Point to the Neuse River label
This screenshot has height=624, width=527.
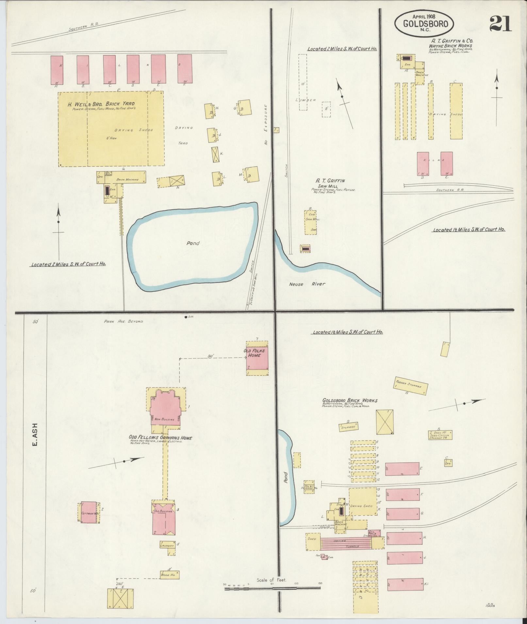click(307, 284)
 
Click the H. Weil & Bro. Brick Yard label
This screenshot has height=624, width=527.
click(101, 104)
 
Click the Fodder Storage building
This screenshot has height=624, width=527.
click(411, 386)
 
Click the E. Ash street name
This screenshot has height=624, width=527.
click(35, 435)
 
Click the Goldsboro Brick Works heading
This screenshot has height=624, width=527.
click(350, 401)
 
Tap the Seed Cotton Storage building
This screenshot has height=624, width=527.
click(440, 435)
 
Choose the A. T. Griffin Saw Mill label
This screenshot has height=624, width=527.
click(330, 183)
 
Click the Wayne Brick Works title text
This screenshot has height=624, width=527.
click(451, 46)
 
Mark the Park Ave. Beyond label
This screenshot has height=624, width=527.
click(124, 321)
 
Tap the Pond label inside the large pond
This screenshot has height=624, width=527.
click(193, 243)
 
